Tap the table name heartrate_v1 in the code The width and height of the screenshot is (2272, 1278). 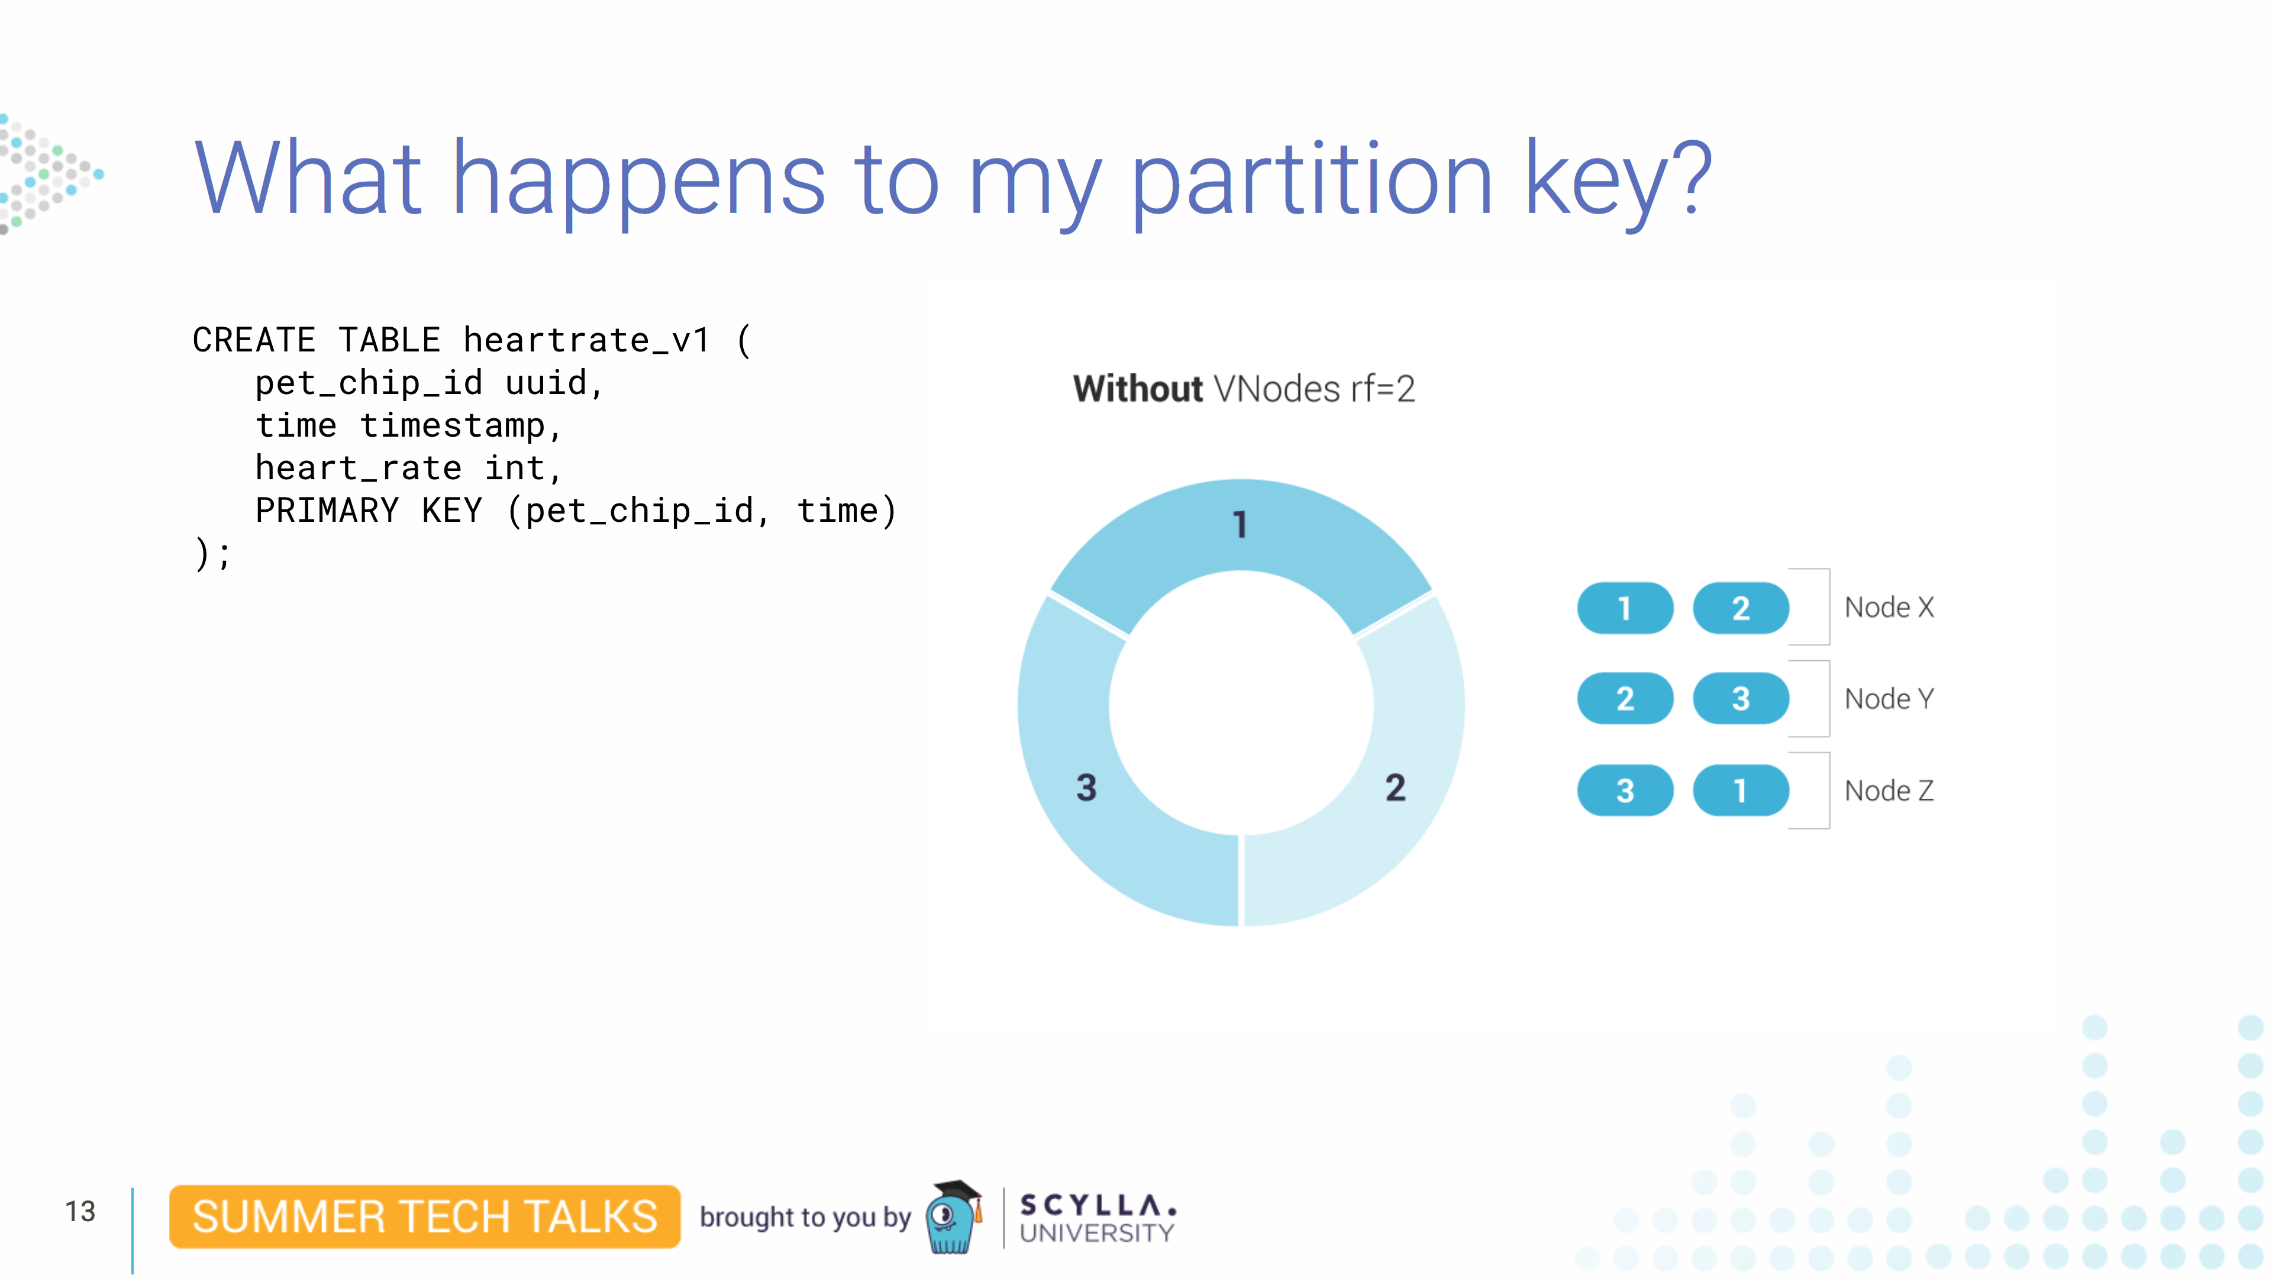pos(586,340)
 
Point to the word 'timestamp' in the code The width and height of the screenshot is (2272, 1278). pos(453,427)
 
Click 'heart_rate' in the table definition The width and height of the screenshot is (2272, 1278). pos(358,469)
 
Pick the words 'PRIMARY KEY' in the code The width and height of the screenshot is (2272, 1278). pos(369,511)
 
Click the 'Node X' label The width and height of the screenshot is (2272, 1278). pos(1889,608)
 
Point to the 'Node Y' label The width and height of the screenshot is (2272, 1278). pos(1889,699)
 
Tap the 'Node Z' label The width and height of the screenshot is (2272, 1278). pos(1889,791)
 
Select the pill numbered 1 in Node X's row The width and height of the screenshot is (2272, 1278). pos(1625,609)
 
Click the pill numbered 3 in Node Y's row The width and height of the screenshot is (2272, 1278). pos(1740,699)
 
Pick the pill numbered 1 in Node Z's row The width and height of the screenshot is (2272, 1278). pos(1740,791)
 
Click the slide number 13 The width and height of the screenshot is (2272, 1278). pos(80,1212)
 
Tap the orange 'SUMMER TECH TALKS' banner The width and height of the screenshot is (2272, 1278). pos(424,1217)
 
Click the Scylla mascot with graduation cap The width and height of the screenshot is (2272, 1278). pos(953,1217)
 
